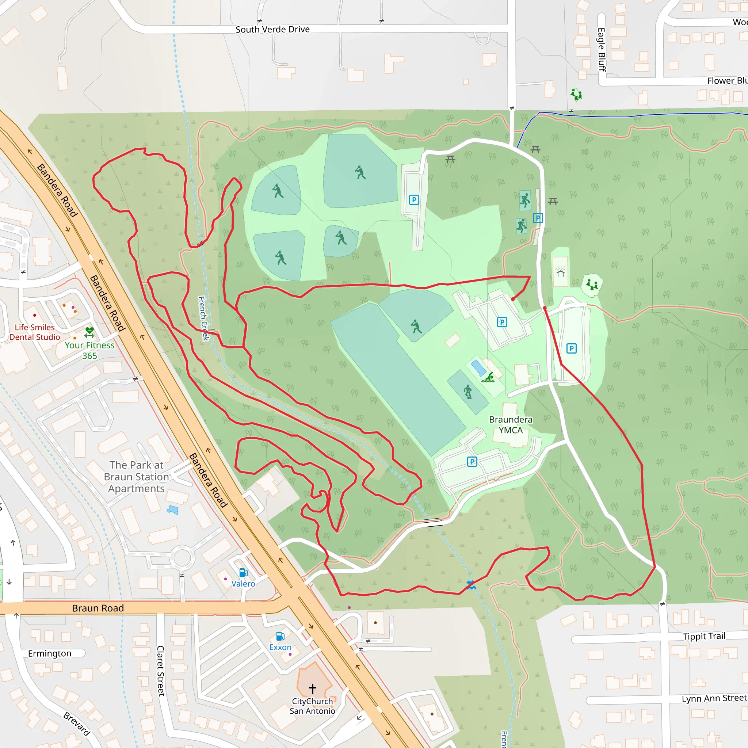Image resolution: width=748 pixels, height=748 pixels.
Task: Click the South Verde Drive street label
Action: point(272,30)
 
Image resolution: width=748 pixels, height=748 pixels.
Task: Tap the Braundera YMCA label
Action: point(510,425)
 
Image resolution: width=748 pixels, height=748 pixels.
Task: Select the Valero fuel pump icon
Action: point(243,573)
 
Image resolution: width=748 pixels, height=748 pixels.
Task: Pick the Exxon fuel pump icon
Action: point(280,636)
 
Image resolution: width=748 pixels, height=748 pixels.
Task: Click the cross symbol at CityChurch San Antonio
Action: point(312,689)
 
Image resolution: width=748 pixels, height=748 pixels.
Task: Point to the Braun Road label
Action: point(98,608)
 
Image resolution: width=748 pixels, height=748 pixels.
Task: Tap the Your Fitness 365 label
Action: point(89,350)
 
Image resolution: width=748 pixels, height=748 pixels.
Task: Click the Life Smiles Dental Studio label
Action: point(35,332)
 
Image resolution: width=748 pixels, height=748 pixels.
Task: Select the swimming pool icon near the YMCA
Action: point(488,378)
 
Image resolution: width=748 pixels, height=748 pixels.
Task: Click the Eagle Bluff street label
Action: point(602,50)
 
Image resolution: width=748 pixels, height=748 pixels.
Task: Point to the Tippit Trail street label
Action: point(704,637)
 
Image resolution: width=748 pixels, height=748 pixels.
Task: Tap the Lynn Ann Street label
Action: point(714,698)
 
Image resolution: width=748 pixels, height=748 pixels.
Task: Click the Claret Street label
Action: point(161,671)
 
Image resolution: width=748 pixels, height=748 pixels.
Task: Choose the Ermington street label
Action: point(50,653)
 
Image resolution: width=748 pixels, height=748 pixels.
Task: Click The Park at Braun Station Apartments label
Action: point(136,477)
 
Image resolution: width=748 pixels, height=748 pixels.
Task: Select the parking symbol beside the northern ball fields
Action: point(414,200)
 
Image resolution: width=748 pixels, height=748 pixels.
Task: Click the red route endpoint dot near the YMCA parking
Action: point(512,299)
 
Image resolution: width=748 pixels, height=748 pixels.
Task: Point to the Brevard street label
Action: point(77,724)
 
